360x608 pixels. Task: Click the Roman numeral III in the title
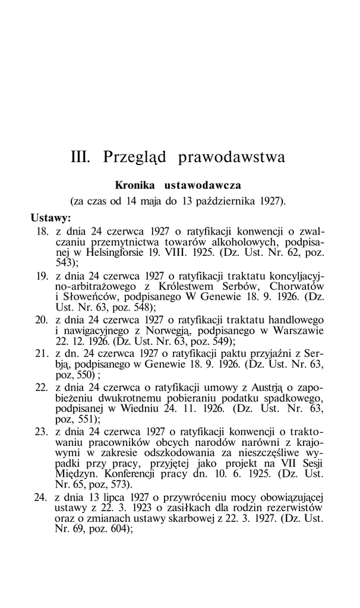pos(81,157)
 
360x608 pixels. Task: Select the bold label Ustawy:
pos(51,218)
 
